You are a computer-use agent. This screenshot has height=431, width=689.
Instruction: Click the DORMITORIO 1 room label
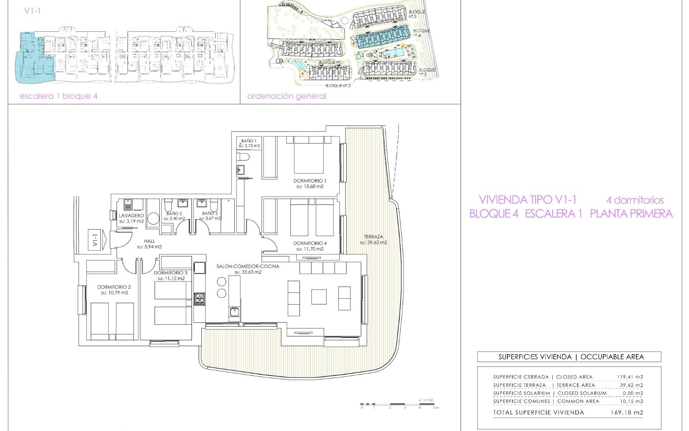pos(310,181)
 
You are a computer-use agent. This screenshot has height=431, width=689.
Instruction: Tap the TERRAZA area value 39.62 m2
pos(374,242)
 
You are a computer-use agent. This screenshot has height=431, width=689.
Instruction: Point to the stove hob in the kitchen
pos(199,299)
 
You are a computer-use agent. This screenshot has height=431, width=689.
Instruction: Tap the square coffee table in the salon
pos(319,297)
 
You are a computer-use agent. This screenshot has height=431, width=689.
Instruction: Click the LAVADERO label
pos(132,215)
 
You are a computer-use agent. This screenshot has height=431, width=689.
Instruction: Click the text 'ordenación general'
pos(287,96)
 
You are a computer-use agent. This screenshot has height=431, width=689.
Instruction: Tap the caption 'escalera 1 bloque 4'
pos(58,96)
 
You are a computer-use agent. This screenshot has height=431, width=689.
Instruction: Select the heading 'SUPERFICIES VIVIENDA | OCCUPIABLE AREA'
pos(569,357)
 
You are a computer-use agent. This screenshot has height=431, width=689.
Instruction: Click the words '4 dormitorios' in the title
pos(635,200)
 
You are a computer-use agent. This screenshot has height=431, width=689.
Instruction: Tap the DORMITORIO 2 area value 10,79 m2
pos(114,293)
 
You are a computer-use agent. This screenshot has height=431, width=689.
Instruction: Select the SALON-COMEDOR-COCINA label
pos(248,267)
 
